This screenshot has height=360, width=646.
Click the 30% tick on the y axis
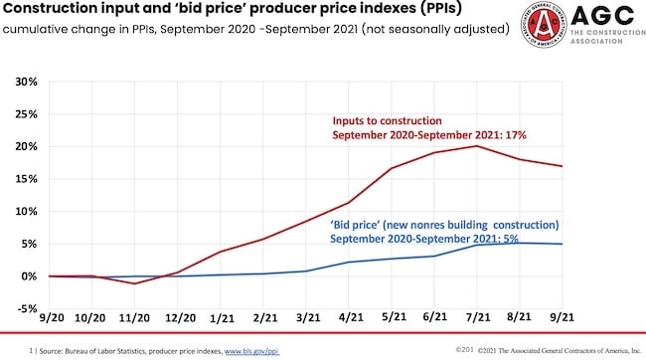point(25,82)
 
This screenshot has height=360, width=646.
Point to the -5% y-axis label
point(25,308)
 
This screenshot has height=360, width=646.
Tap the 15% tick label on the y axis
point(25,179)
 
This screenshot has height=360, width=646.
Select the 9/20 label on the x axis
point(49,319)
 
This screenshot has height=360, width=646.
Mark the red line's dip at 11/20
point(134,283)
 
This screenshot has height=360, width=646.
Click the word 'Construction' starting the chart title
point(54,11)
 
